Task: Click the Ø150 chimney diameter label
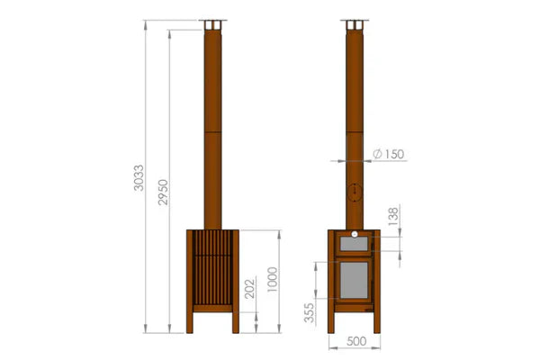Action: click(x=386, y=155)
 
